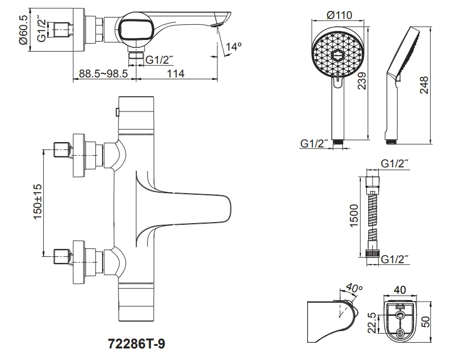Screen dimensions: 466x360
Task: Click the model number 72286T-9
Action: coord(136,344)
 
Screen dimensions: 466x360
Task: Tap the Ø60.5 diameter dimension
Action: coord(23,29)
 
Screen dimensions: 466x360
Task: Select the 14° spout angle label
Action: coord(234,46)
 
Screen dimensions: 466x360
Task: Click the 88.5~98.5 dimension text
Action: coord(103,74)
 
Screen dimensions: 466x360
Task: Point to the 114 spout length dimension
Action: coord(176,74)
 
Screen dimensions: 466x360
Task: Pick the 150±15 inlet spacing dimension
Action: coord(38,202)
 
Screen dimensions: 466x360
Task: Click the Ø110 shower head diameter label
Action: coord(339,15)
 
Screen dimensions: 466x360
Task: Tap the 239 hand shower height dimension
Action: coord(362,81)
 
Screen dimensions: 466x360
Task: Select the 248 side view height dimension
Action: coord(424,85)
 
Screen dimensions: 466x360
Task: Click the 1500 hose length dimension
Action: coord(354,215)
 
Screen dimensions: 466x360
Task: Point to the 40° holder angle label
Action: coord(354,287)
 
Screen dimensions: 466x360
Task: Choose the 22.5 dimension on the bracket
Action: coord(372,323)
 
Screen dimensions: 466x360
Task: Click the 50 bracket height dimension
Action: coord(426,322)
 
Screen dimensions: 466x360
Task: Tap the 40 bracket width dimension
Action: coord(400,290)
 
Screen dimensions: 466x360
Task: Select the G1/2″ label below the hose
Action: coord(394,259)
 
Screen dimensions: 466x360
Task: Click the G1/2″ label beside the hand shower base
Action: coord(314,143)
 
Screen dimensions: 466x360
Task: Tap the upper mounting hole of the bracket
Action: coord(400,315)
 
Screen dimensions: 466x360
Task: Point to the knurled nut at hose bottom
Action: coord(373,253)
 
